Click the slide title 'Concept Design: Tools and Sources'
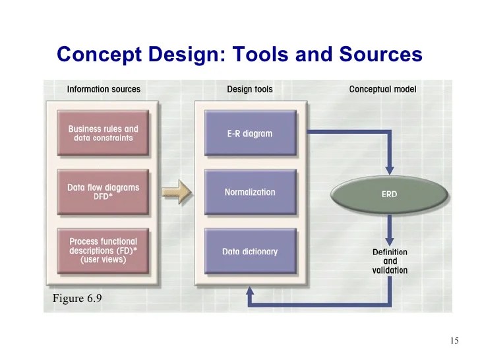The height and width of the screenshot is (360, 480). [239, 54]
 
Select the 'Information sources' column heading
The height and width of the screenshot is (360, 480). [104, 89]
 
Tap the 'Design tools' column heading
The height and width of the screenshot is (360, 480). [249, 89]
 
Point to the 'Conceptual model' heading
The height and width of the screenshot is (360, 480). [382, 89]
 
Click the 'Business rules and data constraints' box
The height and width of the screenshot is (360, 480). [103, 134]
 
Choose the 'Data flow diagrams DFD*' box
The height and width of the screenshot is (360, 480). [103, 192]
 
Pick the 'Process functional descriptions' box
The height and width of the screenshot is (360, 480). [103, 251]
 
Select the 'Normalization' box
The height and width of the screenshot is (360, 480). [249, 192]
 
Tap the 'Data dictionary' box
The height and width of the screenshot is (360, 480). [249, 251]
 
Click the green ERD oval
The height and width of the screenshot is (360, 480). [389, 195]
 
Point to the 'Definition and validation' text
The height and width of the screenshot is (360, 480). [390, 261]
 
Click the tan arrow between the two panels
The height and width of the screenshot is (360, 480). [175, 193]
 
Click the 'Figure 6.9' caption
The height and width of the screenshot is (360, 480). [77, 299]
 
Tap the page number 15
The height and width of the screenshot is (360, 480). [454, 341]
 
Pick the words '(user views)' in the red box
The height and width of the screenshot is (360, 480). [103, 260]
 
